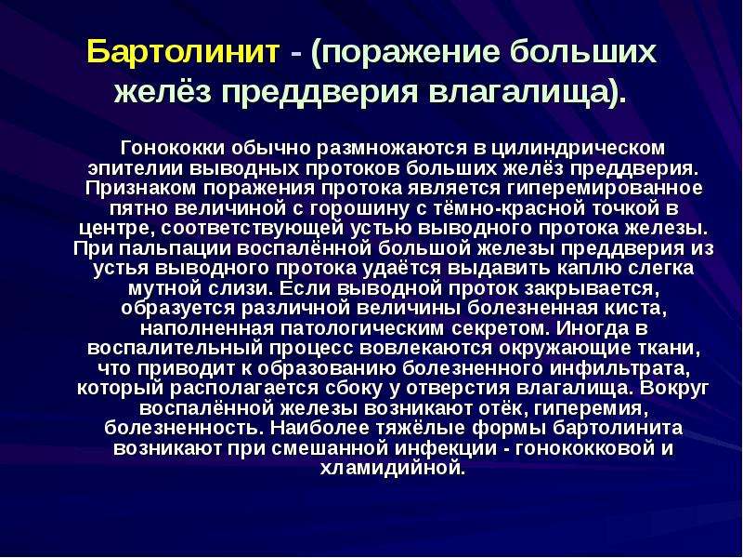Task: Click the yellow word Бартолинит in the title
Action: tap(183, 52)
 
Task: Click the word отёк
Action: tap(503, 408)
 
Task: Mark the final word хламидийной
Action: tap(391, 469)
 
